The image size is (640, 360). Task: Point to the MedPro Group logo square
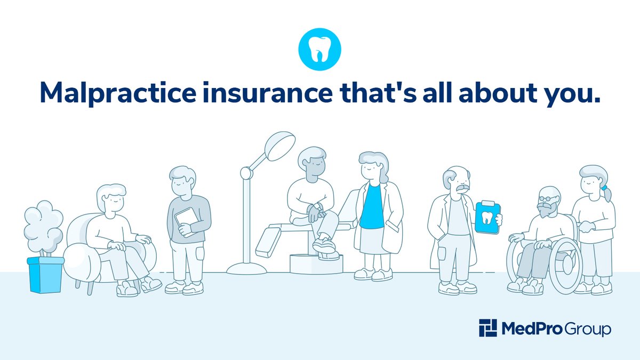pyautogui.click(x=487, y=328)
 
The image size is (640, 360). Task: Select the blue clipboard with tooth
pyautogui.click(x=486, y=217)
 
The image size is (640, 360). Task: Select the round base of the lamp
pyautogui.click(x=246, y=268)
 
